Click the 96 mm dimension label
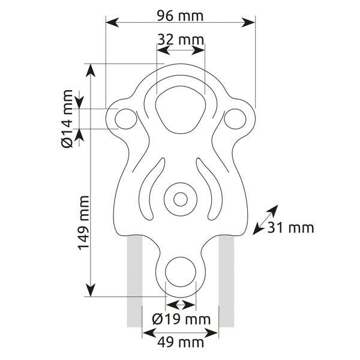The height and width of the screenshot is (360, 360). point(180,16)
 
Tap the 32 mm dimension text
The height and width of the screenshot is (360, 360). point(181,40)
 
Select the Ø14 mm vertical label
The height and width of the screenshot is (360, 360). point(67,119)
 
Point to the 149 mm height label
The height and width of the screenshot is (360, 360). point(83,223)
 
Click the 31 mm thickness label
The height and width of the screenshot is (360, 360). point(290,228)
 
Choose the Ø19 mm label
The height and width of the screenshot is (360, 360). point(181,319)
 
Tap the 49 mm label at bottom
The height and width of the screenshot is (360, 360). point(181,343)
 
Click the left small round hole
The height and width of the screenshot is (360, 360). point(126,119)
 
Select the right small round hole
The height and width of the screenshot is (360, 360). point(235,119)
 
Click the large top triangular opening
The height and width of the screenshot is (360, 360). point(181,110)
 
